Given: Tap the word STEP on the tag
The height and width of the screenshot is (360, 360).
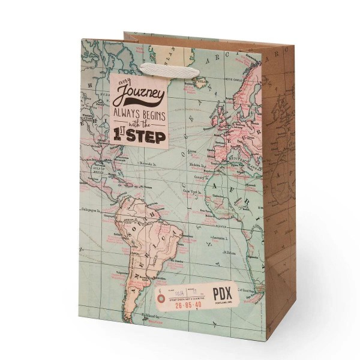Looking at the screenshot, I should [146, 136].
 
